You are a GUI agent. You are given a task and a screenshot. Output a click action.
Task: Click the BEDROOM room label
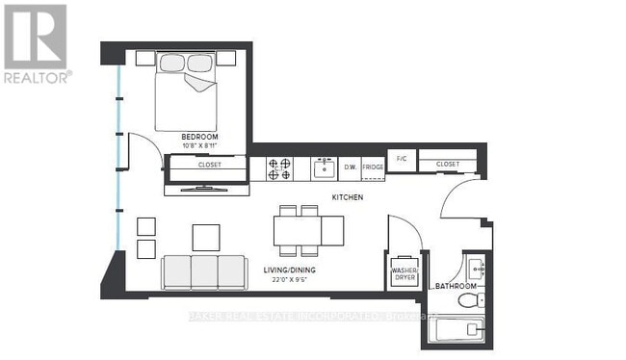click(200, 138)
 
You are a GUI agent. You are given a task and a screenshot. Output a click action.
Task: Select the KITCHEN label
click(347, 196)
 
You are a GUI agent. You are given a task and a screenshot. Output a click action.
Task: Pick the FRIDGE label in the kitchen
click(373, 167)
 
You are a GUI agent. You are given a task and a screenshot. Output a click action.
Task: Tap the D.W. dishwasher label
click(351, 167)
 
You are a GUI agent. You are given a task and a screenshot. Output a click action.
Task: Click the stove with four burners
click(280, 168)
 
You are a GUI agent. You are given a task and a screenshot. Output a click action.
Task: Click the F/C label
click(401, 157)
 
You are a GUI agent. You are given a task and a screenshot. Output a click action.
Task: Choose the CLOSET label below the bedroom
click(209, 165)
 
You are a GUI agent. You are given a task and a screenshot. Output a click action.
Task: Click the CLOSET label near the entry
click(448, 165)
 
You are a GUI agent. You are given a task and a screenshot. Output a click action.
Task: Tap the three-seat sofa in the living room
click(203, 272)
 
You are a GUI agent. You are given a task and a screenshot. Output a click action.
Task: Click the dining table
click(308, 229)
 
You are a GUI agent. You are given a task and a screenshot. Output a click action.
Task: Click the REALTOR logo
click(36, 43)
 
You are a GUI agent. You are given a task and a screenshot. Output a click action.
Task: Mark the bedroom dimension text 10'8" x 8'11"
click(200, 146)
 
